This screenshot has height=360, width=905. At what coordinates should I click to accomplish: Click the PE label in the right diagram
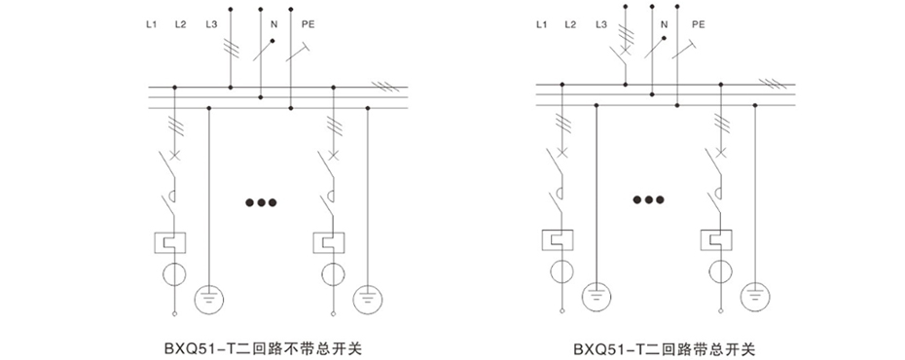698,24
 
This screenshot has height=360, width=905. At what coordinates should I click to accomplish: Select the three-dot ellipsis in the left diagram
261,203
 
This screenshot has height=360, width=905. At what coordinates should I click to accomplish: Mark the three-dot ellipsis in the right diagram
648,200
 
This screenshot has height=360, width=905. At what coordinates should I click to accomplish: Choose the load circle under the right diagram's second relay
720,271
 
